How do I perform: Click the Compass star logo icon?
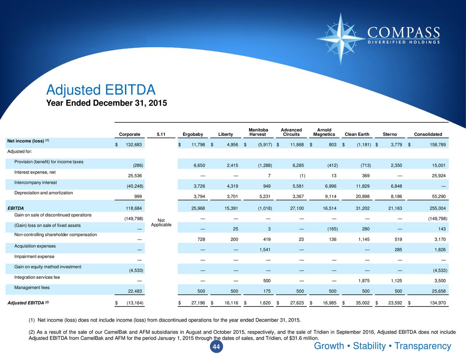341,38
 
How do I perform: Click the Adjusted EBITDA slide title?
101,90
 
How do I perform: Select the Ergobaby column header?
193,134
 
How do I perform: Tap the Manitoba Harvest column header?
258,132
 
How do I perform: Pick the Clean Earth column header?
357,134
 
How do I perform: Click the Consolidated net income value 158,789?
435,145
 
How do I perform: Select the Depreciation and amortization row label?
43,193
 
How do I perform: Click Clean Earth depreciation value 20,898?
363,197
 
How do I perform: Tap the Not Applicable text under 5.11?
161,222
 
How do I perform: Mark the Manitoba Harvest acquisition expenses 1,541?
264,250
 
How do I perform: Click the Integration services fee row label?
37,277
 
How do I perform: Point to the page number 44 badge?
216,347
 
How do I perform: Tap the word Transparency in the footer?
423,346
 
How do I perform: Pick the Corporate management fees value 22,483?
135,291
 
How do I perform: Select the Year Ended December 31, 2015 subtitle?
106,103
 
